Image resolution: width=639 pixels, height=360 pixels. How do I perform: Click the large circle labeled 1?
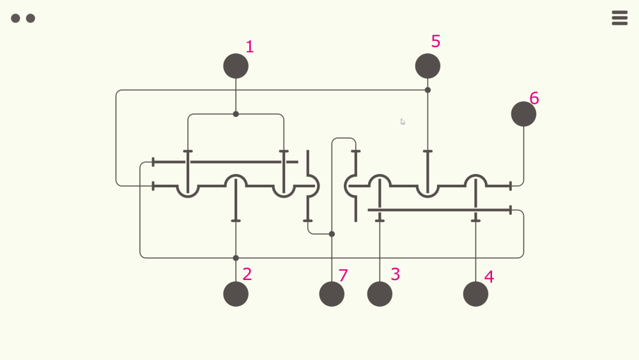point(236,66)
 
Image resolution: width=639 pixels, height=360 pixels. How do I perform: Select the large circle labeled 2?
point(236,294)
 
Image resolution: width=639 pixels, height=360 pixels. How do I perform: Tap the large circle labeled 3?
point(380,294)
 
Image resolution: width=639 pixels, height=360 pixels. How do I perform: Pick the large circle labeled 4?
point(475,294)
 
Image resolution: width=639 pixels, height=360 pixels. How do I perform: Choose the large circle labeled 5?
point(427,66)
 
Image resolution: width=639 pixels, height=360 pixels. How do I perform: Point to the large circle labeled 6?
point(523,114)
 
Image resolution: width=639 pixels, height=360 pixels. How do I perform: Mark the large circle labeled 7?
point(332,294)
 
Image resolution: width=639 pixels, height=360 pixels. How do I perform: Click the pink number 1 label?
point(249,47)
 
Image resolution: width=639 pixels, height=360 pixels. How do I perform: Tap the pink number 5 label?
point(436,42)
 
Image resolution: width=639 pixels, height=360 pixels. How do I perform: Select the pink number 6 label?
point(534,98)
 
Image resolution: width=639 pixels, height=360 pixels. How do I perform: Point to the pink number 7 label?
point(343,276)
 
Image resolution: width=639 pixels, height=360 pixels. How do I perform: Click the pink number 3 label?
point(395,274)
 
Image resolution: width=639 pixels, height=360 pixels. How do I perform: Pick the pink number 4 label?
point(489,278)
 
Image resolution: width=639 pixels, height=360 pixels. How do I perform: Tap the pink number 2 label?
point(247,274)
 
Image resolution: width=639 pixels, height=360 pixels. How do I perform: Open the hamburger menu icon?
point(619,18)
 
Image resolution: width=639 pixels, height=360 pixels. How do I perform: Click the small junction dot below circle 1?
point(236,114)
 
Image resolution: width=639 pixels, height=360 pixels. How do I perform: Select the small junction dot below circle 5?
point(427,90)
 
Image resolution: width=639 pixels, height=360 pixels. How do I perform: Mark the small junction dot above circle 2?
point(236,258)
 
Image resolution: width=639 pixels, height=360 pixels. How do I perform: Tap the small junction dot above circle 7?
point(332,234)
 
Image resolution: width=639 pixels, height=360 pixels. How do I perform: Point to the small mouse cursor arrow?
point(403,121)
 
